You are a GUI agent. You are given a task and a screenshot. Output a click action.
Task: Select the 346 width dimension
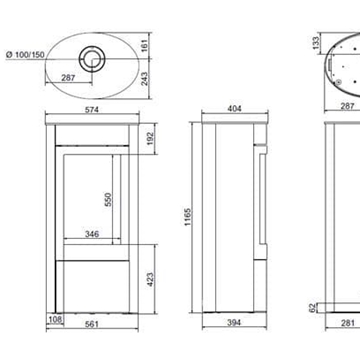[x=93, y=235]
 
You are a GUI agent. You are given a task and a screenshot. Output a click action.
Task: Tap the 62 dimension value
[x=314, y=308]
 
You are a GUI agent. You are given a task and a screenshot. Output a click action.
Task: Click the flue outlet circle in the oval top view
[x=93, y=56]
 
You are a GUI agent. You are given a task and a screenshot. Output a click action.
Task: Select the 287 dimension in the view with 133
[x=344, y=77]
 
